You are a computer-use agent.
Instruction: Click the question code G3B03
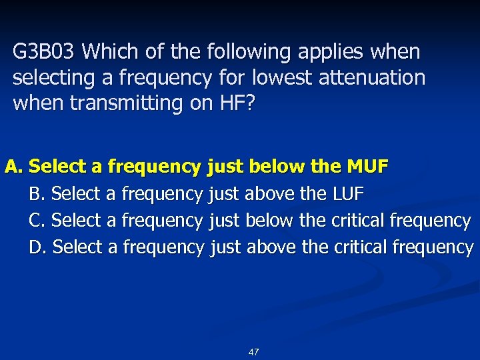[x=45, y=52]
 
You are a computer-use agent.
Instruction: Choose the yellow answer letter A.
[x=14, y=167]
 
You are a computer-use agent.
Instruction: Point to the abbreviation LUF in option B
[x=347, y=194]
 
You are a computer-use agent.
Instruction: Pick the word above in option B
[x=269, y=194]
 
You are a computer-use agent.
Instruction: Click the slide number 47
[x=253, y=351]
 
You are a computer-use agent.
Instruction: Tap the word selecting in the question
[x=54, y=77]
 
